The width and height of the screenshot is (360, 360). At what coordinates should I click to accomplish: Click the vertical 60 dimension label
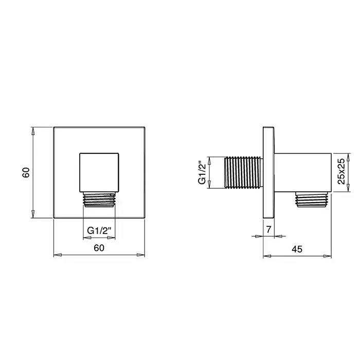(x=26, y=172)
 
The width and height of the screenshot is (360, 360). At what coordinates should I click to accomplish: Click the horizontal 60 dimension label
(x=99, y=248)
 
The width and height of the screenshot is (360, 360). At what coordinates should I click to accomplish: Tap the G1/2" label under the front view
(x=99, y=230)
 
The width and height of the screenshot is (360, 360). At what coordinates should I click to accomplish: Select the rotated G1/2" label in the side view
(x=202, y=172)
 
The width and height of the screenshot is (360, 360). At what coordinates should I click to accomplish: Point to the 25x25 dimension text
(x=341, y=171)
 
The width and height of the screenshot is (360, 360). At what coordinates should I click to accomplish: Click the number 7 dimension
(x=268, y=229)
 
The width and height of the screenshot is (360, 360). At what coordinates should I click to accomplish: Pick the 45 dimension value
(x=297, y=249)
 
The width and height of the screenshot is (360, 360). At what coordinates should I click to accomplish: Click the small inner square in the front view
(x=99, y=172)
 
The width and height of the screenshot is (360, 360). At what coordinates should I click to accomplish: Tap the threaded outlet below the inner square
(x=99, y=200)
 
